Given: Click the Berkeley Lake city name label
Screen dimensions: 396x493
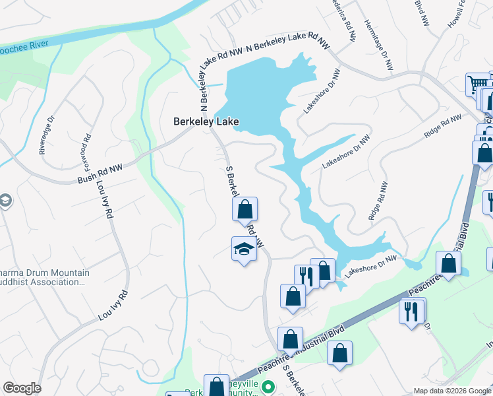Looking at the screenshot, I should point(205,121).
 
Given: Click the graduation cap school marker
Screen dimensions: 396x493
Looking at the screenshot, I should point(244,249).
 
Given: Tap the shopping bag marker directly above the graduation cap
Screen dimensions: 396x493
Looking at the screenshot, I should point(245,210).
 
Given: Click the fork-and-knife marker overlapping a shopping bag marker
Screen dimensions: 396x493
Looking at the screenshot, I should point(305,275).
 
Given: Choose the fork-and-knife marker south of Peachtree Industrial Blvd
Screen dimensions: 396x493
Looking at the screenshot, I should point(412,310).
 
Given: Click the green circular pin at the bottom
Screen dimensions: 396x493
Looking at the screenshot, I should point(267,386).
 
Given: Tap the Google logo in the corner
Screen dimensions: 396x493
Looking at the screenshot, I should point(21,388).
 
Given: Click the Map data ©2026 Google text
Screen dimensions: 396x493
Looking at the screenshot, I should point(451,391).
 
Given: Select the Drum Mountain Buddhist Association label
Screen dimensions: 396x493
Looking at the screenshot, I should point(43,277).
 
